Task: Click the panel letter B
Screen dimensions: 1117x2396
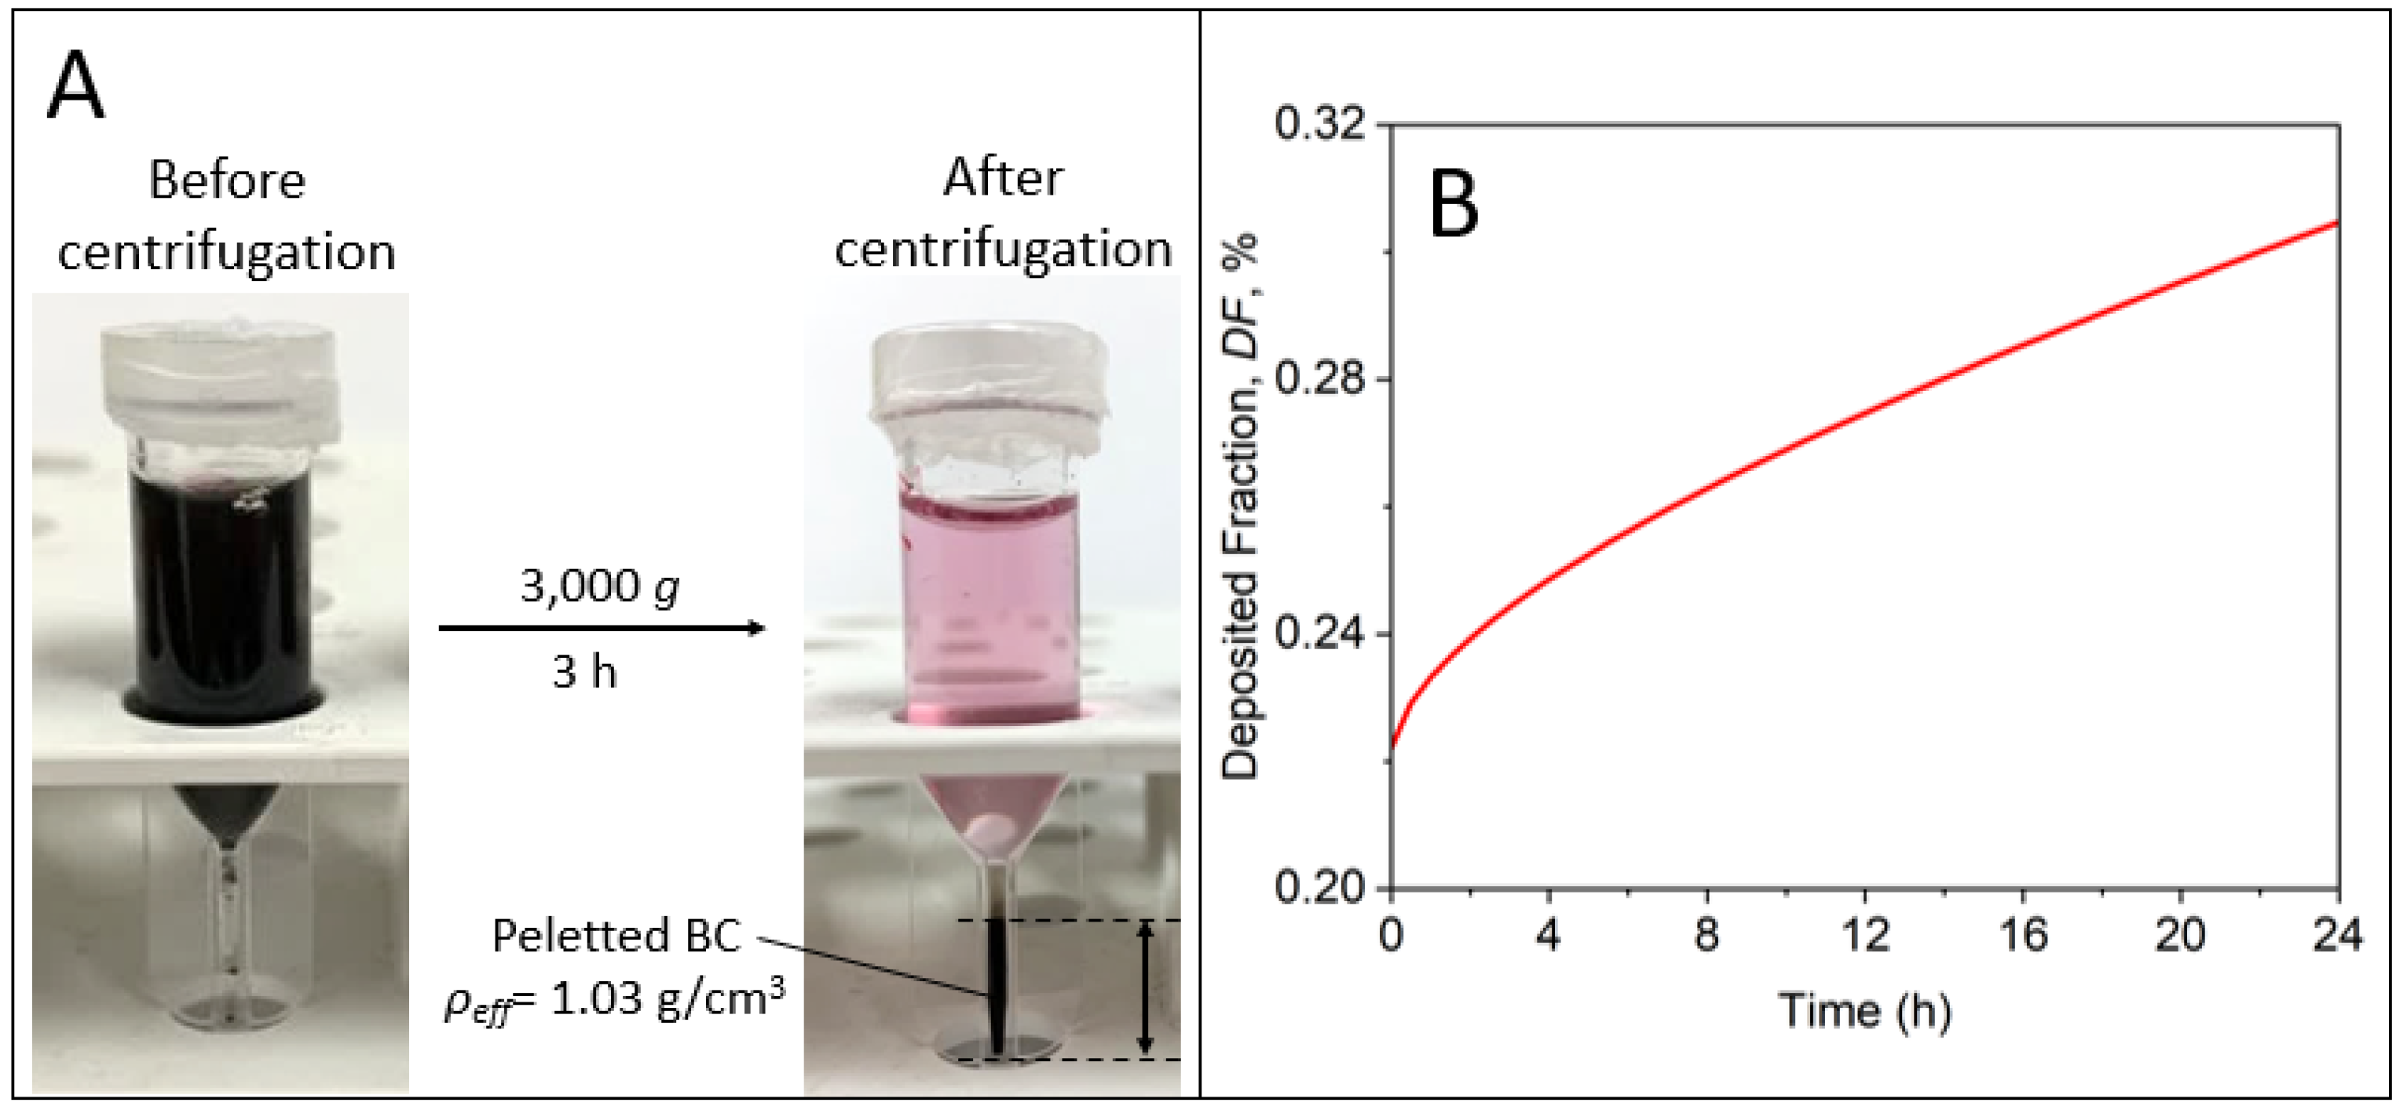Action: [x=1453, y=206]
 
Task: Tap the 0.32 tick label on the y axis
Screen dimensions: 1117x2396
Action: [x=1320, y=124]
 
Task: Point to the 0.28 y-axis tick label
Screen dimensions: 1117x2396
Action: [x=1320, y=379]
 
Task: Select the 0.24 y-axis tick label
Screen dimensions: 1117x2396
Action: [x=1320, y=634]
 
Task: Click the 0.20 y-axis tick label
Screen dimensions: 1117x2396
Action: [x=1320, y=889]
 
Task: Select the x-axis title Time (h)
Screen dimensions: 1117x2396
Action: [x=1864, y=1011]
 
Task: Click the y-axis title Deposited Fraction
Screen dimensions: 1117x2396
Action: [x=1240, y=507]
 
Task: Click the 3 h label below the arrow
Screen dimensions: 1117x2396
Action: [x=584, y=671]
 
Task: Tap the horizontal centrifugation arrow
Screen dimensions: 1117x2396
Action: [x=601, y=629]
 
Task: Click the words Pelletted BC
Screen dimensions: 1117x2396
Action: [x=616, y=936]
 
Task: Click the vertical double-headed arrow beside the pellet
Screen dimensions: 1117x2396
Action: [x=1146, y=988]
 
